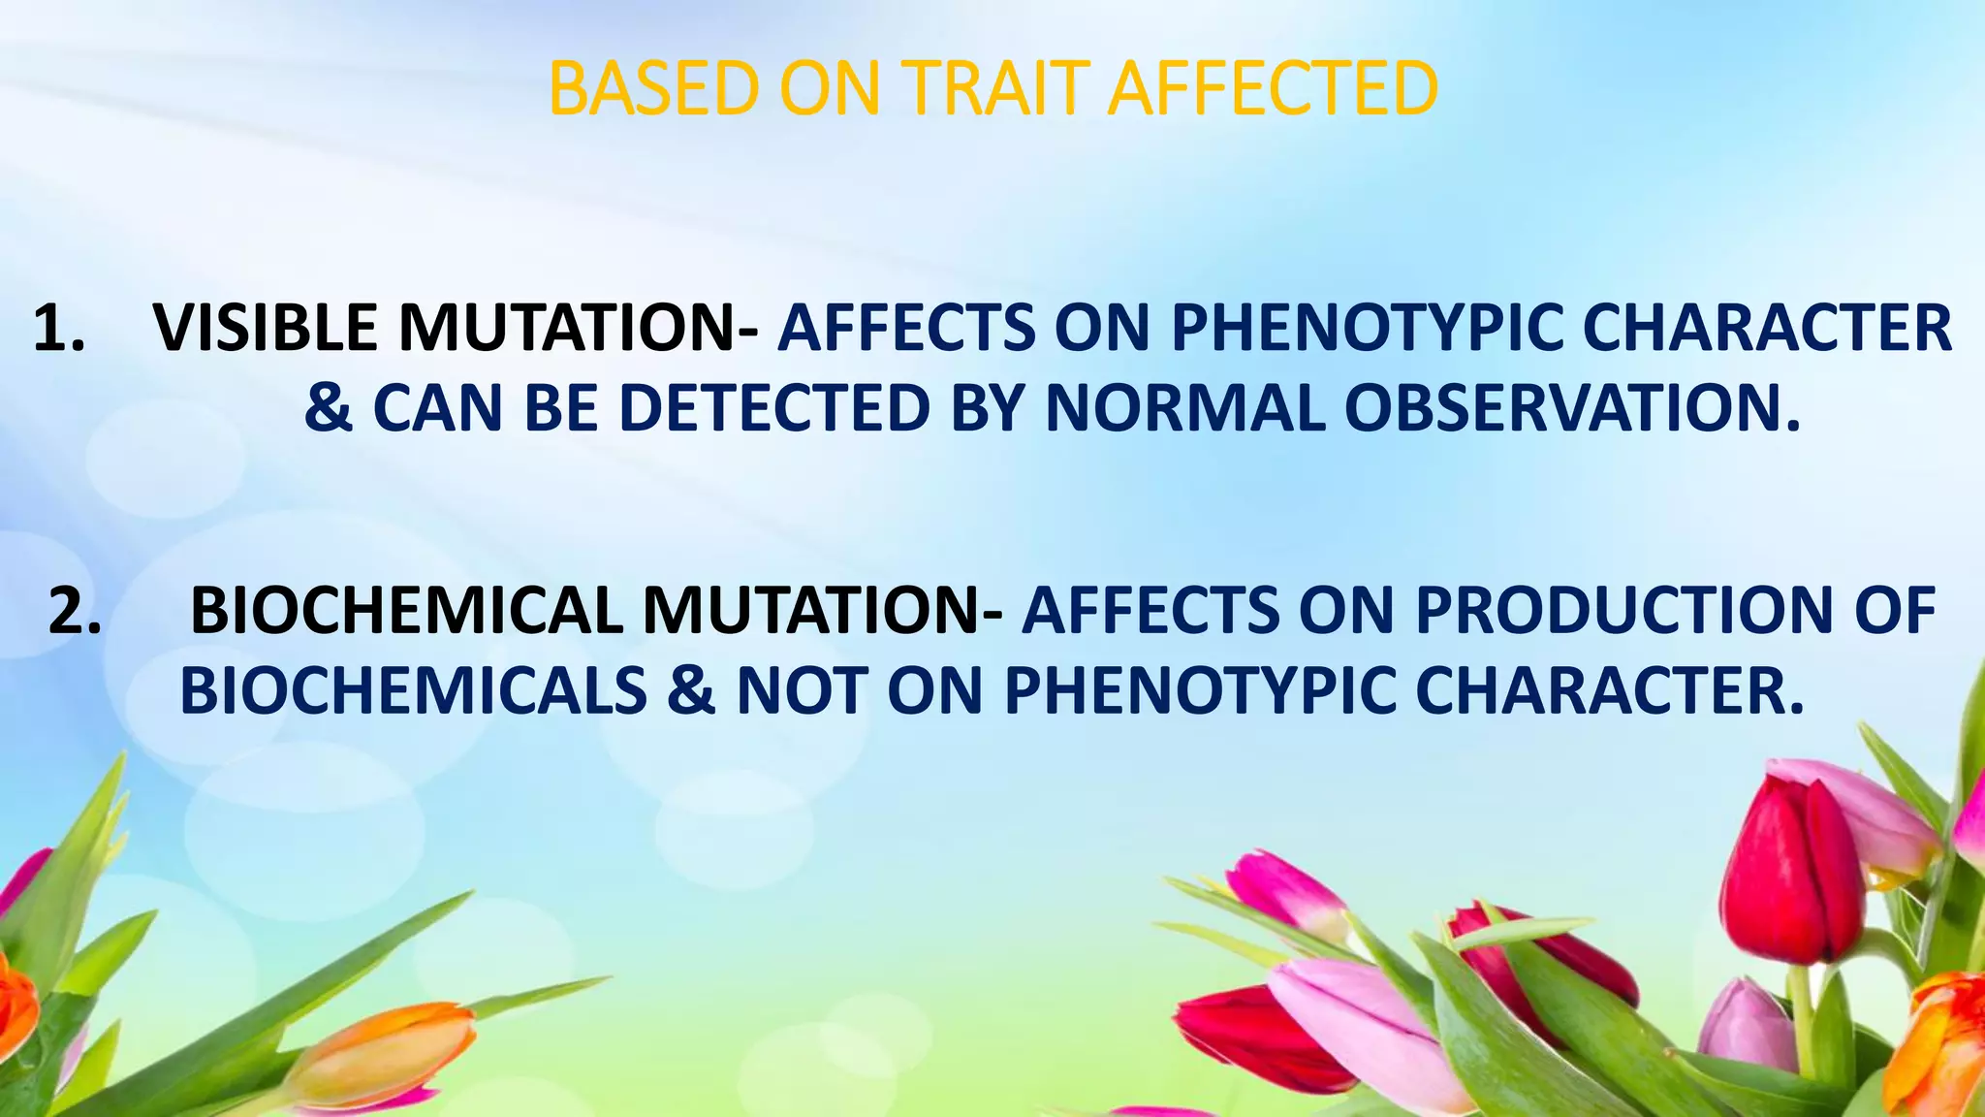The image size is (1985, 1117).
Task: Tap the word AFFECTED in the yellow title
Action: [1273, 89]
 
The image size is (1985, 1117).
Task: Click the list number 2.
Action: [75, 612]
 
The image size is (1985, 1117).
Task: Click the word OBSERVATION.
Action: [1571, 407]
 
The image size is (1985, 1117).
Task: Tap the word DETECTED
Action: [774, 407]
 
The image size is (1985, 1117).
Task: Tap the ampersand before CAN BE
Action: [329, 407]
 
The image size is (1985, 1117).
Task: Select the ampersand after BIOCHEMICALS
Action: [691, 691]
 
